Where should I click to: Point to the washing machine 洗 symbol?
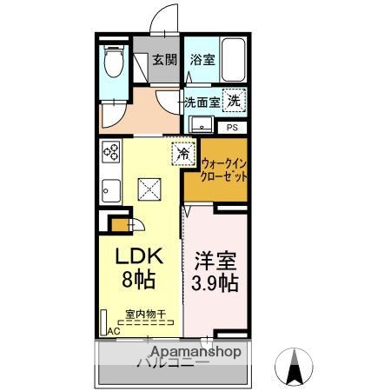[234, 100]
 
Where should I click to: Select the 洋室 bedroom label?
[213, 261]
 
